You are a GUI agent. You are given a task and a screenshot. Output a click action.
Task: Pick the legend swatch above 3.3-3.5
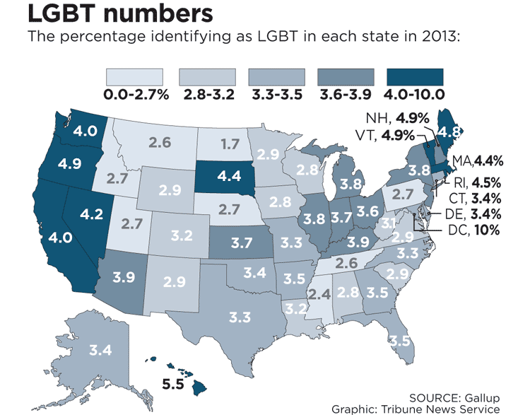pyautogui.click(x=277, y=77)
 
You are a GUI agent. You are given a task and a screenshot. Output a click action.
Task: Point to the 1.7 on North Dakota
pyautogui.click(x=229, y=145)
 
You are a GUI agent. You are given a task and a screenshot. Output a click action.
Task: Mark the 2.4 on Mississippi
pyautogui.click(x=320, y=292)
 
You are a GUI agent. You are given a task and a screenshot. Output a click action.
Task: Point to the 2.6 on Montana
pyautogui.click(x=160, y=142)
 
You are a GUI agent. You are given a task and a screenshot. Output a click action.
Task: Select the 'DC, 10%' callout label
pyautogui.click(x=474, y=230)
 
